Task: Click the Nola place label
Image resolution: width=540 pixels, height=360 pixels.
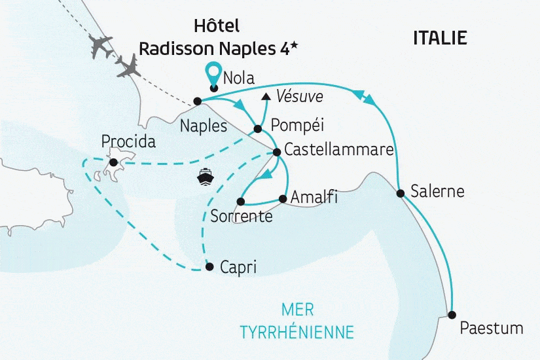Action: point(238,79)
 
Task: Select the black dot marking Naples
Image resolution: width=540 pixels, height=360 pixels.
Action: point(197,101)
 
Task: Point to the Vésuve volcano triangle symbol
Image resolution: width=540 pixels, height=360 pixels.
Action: point(265,97)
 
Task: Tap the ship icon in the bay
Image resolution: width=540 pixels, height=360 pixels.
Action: point(205,176)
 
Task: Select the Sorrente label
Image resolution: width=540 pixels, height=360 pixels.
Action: point(242,216)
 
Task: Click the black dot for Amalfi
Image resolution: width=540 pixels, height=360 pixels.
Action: point(283,198)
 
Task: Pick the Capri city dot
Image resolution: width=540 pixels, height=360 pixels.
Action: point(209,266)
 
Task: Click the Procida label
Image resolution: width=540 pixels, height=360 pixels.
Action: point(129,142)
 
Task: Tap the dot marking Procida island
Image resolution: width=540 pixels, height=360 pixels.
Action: point(113,162)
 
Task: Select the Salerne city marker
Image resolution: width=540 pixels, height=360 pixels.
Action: point(400,193)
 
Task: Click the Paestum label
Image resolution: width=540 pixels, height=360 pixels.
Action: point(491,328)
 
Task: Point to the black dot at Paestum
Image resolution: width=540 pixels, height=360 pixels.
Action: point(452,314)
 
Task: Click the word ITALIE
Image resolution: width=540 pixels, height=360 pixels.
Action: point(440,38)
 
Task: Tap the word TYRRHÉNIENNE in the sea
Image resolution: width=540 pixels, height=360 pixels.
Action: point(297,332)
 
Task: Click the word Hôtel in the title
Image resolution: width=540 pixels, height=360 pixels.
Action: point(217,26)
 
